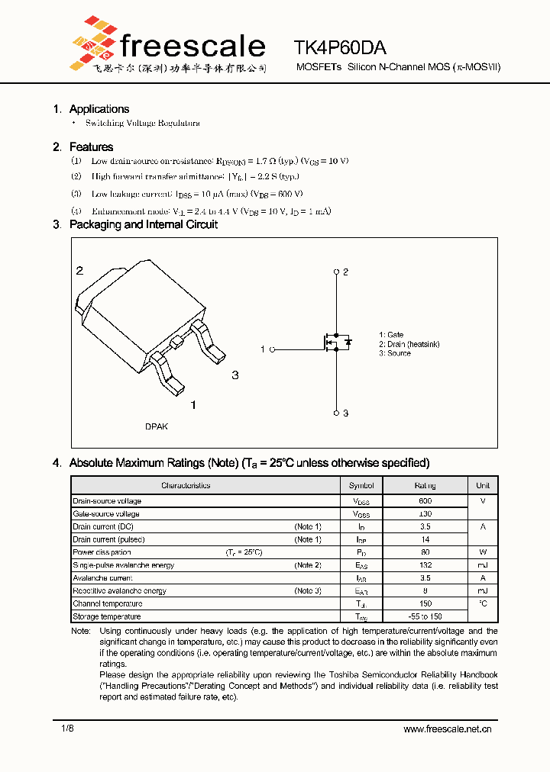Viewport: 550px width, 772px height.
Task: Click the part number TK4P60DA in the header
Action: tap(340, 48)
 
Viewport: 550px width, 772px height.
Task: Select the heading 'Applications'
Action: tap(99, 109)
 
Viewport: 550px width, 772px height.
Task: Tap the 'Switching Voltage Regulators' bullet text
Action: tap(142, 123)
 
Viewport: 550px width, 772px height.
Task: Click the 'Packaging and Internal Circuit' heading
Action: tap(143, 224)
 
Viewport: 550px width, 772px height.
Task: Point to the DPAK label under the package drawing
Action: tap(157, 426)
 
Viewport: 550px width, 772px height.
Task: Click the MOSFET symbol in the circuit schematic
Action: tap(337, 343)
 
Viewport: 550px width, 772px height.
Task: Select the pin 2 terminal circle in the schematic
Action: tap(336, 272)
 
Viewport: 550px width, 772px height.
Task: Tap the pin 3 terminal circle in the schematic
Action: tap(336, 413)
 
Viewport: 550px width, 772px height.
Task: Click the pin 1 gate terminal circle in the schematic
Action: tap(272, 349)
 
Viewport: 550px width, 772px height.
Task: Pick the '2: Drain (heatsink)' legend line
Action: tap(409, 344)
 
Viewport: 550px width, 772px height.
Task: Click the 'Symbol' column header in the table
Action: tap(361, 485)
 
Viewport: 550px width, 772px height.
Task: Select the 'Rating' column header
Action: tap(425, 485)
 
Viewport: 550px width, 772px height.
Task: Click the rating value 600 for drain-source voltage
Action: tap(425, 501)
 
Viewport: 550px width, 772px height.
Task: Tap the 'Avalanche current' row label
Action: tap(102, 578)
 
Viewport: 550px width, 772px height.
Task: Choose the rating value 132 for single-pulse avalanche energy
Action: tap(425, 565)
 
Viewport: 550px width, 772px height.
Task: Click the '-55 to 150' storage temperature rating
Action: tap(425, 616)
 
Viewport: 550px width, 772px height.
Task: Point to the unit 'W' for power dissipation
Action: tap(483, 552)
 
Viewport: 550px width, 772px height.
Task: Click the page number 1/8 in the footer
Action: tap(68, 729)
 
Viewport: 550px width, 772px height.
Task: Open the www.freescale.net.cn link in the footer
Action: tap(447, 729)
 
